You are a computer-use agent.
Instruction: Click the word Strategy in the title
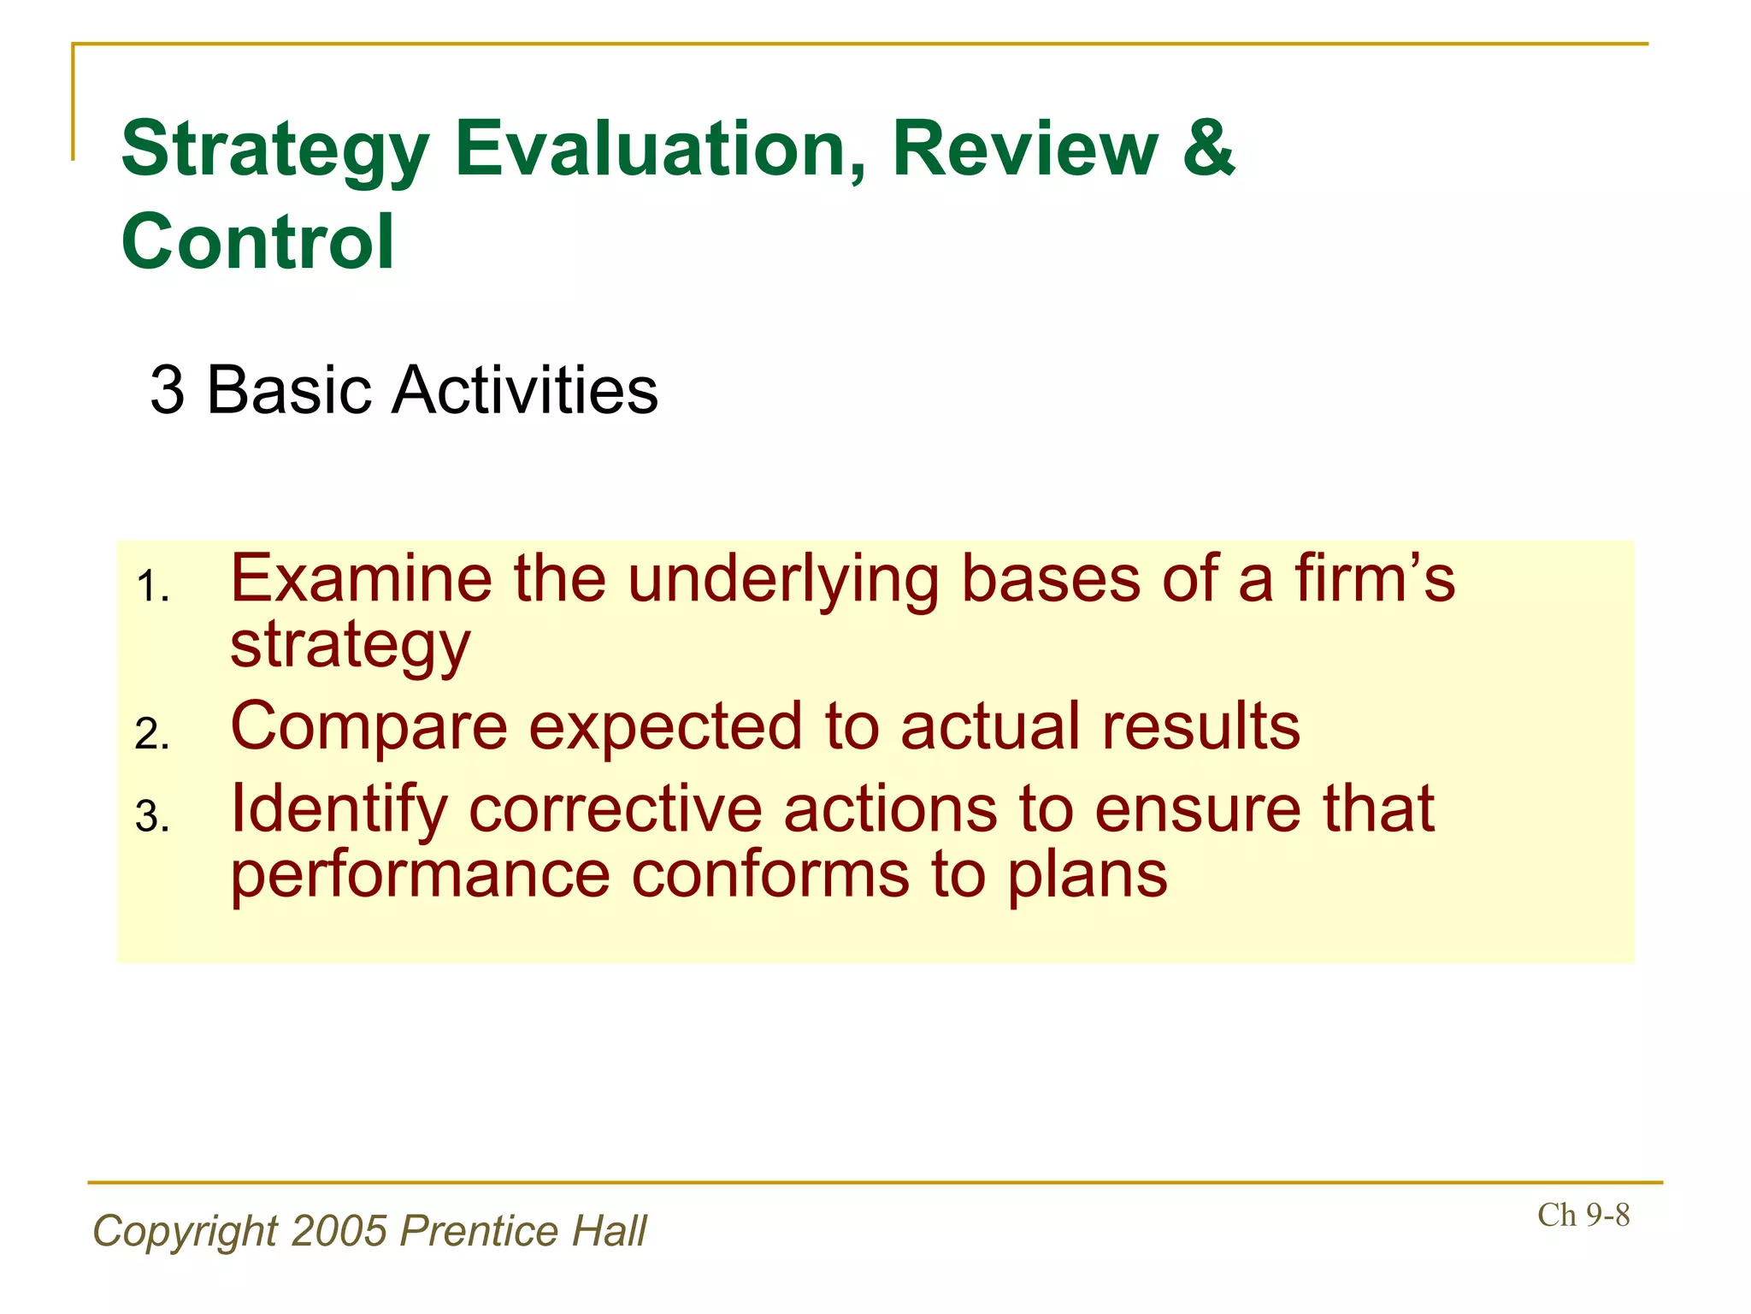274,151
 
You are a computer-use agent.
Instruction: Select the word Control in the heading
257,242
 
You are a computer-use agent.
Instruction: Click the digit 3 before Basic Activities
168,391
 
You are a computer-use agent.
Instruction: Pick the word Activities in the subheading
524,391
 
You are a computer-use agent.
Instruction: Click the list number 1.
152,589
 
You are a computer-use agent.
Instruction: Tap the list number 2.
152,735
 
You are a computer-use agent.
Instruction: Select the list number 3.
152,817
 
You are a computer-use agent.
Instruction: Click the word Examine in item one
361,579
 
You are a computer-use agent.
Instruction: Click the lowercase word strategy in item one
350,647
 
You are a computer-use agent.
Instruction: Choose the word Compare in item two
369,728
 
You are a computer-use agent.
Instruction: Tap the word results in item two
1200,726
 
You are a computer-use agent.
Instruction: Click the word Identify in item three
339,810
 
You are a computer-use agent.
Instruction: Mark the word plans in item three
1086,877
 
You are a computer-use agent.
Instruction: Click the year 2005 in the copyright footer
339,1232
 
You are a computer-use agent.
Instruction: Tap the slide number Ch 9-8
1583,1216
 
